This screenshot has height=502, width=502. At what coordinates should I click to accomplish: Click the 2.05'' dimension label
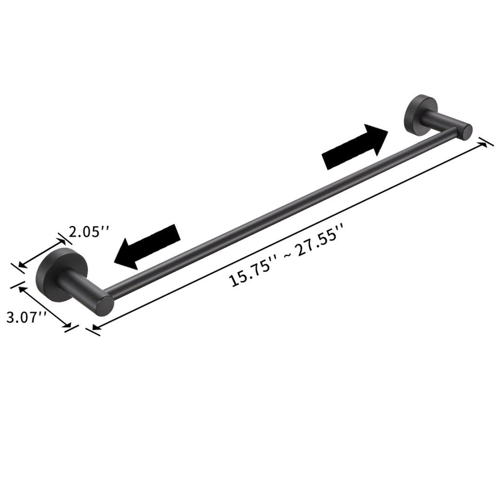tap(89, 231)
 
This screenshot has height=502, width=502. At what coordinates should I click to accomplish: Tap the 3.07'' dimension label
tap(26, 318)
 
